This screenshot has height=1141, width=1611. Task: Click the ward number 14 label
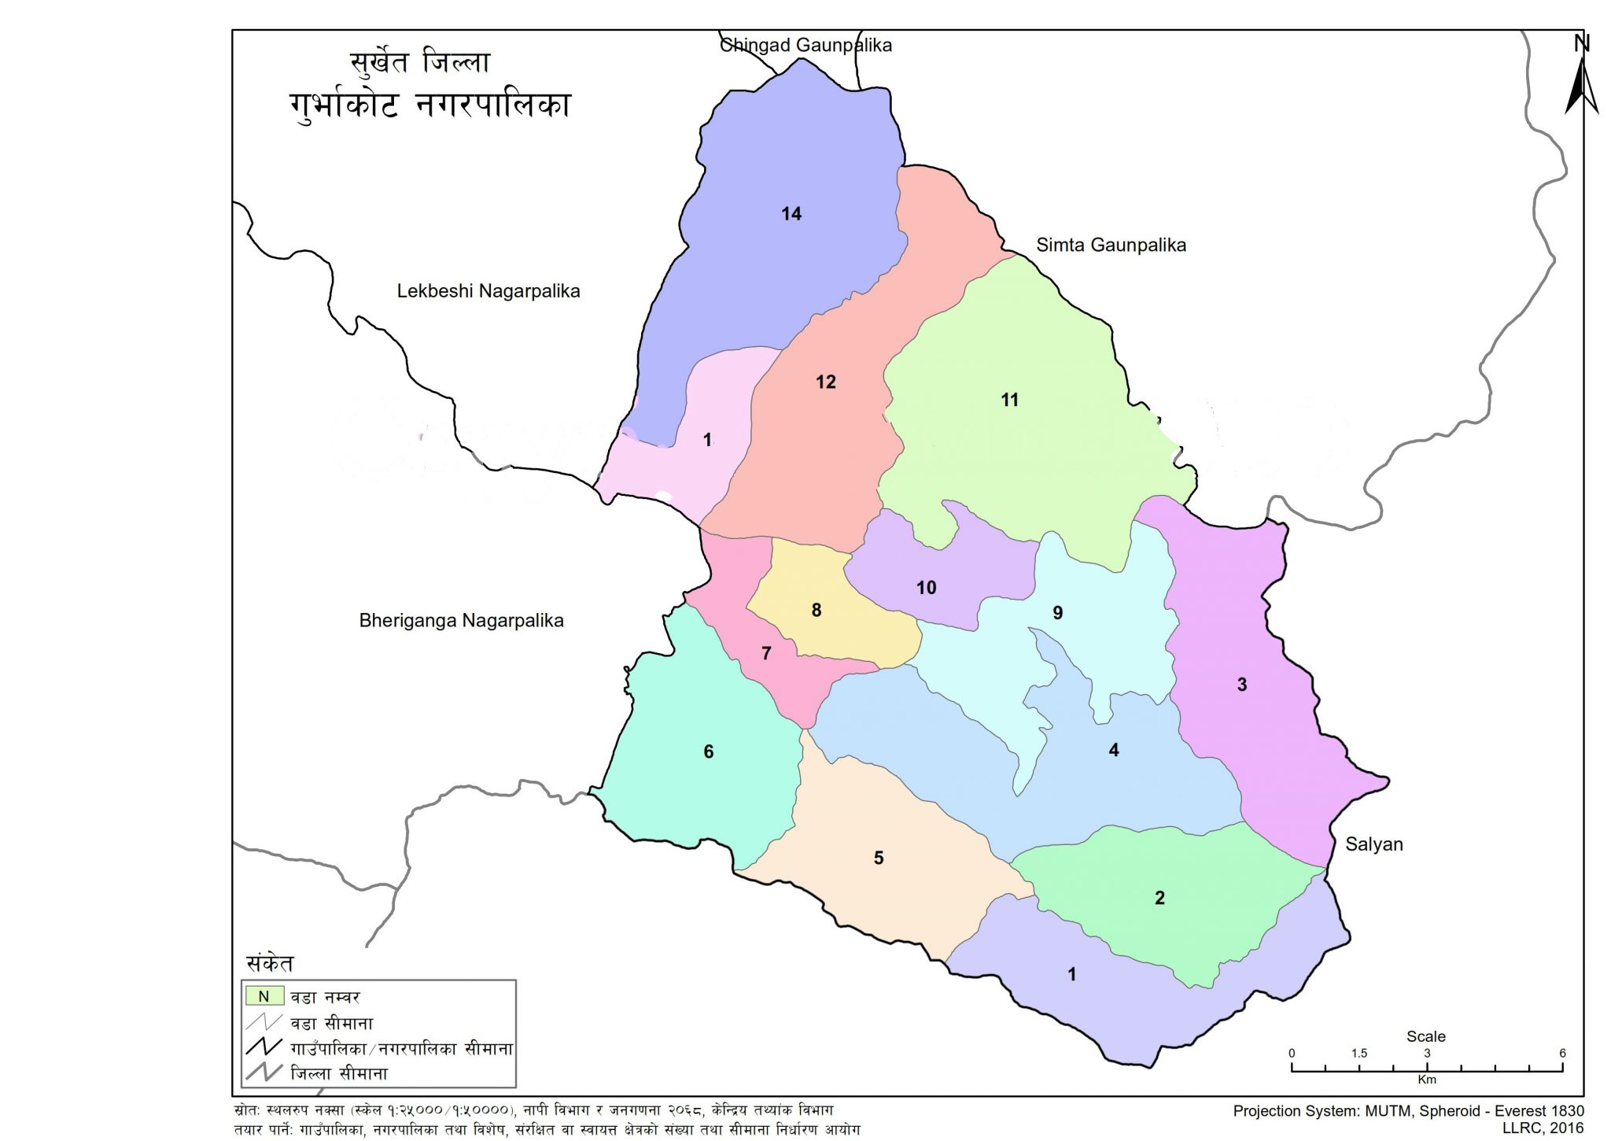point(791,213)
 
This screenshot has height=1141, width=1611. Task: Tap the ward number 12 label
point(825,382)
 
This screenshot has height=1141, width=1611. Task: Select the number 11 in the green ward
point(1009,400)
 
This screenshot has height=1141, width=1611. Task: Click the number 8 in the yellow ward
point(817,610)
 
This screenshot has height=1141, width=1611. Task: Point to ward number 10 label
point(926,587)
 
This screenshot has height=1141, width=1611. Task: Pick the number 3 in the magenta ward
point(1241,685)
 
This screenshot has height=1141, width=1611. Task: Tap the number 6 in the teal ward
point(708,751)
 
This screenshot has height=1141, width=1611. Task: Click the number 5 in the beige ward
point(879,858)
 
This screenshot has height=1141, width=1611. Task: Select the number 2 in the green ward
point(1159,898)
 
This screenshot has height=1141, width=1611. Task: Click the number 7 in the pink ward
point(765,653)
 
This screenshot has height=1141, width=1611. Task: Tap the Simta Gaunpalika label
point(1110,245)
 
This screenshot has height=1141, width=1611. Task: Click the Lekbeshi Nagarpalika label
point(488,291)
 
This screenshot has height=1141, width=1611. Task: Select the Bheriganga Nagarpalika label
point(461,620)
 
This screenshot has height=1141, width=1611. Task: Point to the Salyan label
point(1373,844)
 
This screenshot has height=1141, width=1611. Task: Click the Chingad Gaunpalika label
point(805,45)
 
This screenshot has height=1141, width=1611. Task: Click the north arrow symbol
point(1581,79)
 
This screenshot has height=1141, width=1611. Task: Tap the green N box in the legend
point(264,996)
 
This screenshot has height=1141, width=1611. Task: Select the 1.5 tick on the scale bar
point(1358,1054)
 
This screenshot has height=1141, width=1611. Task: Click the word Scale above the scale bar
point(1425,1036)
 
